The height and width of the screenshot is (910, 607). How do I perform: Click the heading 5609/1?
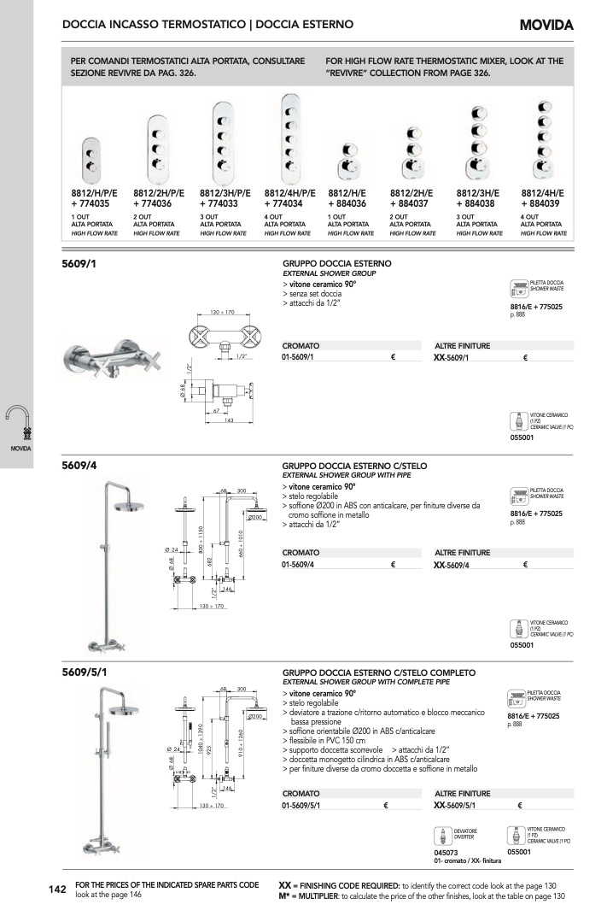[x=79, y=266]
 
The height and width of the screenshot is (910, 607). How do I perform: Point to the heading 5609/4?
[x=79, y=467]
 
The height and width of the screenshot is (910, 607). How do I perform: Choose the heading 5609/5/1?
[x=85, y=673]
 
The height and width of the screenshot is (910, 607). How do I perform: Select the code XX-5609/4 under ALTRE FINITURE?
[x=453, y=565]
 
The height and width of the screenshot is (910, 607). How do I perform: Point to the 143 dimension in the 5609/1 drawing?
[x=229, y=420]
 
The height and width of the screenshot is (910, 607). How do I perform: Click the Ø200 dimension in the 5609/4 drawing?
[x=254, y=518]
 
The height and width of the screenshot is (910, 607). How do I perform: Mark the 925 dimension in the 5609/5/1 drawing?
[x=209, y=748]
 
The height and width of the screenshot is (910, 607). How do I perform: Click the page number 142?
[x=57, y=890]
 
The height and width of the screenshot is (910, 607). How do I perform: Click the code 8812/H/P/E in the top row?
[x=95, y=194]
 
